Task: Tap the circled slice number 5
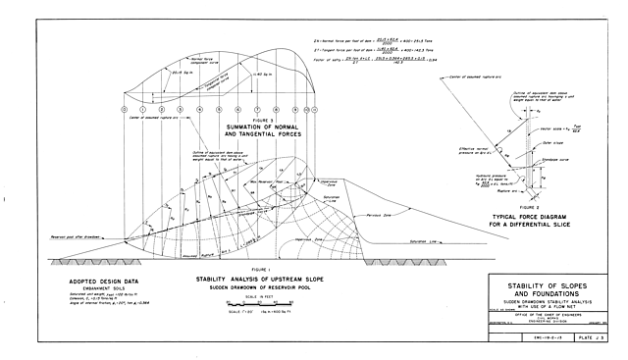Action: (219, 109)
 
